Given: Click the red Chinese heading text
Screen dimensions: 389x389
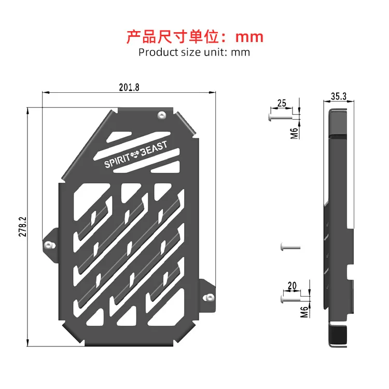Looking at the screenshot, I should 195,37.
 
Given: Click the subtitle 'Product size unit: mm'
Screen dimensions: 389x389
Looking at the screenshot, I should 195,52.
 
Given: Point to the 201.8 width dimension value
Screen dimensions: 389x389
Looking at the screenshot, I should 129,87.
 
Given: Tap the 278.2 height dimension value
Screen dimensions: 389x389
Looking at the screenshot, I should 22,226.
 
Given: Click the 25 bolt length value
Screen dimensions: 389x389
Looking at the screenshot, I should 282,103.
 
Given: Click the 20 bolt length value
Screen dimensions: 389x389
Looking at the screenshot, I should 291,286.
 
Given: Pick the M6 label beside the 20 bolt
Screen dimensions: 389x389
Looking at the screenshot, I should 304,311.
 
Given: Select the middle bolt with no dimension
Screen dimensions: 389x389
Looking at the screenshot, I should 289,246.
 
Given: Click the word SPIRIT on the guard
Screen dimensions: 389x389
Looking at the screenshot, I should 118,162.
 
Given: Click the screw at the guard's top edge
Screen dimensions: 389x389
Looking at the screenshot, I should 162,114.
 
